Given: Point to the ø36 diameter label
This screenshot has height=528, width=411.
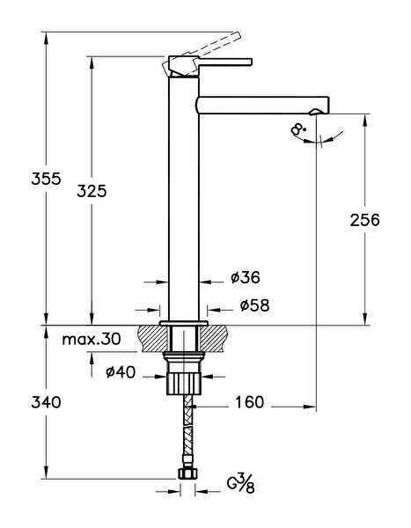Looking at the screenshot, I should pos(245,278).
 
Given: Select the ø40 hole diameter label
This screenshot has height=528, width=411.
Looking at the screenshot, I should pos(120,372).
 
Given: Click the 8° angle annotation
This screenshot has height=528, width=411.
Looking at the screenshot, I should pos(299,129).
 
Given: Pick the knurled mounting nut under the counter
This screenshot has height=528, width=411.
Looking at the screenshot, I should pos(184,381).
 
